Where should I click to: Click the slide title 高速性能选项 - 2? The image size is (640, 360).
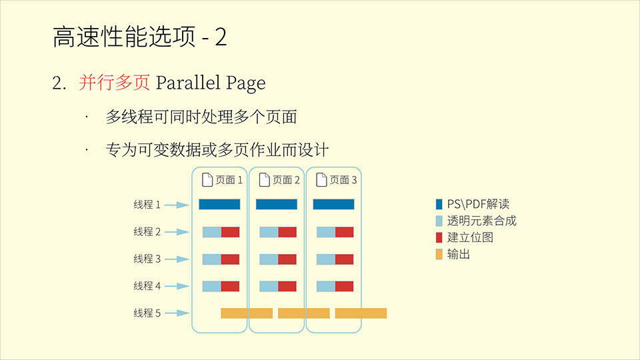coord(139,37)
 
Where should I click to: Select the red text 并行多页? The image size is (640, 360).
coord(114,83)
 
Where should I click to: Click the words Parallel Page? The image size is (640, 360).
coord(211,83)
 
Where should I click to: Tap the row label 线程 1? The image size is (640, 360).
coord(147,205)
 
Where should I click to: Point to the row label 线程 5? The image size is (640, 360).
coord(147,313)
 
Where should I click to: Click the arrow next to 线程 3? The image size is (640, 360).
coord(177,259)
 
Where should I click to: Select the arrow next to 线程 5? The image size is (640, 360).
coord(177,313)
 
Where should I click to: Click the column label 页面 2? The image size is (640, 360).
coord(286,180)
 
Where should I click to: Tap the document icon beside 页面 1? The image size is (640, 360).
coord(207,179)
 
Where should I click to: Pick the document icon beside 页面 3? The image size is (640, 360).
coord(321,179)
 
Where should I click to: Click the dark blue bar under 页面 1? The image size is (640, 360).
coord(219,205)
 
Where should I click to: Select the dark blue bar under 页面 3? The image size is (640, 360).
coord(334,205)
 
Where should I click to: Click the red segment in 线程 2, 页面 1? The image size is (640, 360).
coord(230,232)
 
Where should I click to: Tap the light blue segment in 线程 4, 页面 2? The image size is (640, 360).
coord(269,286)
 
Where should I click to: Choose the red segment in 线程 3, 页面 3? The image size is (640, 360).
coord(345,259)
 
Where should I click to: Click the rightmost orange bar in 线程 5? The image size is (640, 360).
coord(361,313)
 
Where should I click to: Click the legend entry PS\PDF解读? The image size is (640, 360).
coord(473,204)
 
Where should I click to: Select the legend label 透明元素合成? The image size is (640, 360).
coord(481,221)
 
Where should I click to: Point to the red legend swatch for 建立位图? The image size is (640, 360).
coord(439,237)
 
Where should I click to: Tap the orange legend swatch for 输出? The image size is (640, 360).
coord(439,254)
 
